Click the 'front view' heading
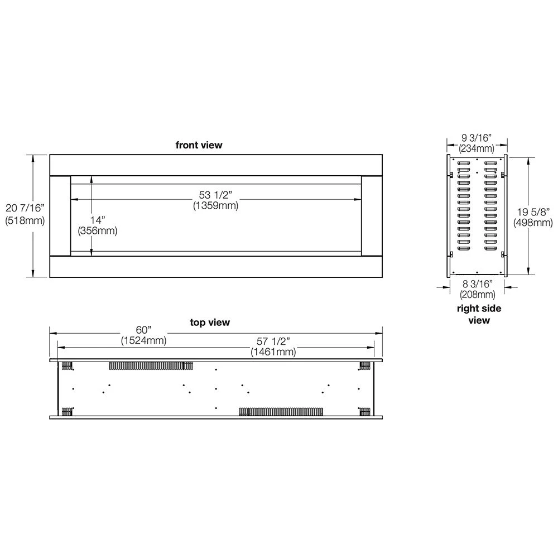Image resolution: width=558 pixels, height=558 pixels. (x=199, y=145)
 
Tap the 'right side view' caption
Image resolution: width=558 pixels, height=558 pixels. (x=479, y=314)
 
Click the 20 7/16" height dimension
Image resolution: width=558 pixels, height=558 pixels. (x=25, y=208)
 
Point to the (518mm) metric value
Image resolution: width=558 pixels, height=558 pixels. (x=25, y=220)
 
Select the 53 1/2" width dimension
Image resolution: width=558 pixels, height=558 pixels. (x=215, y=195)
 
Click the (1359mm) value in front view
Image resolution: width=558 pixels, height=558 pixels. (x=215, y=205)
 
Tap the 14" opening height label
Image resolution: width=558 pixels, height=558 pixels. (x=98, y=220)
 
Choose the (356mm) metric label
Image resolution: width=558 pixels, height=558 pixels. (x=98, y=230)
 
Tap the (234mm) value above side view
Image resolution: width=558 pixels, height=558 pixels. (x=477, y=148)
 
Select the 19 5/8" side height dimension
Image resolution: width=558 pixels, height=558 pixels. (x=533, y=212)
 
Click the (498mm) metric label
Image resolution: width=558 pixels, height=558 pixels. (x=533, y=223)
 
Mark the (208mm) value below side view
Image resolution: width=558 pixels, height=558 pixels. (x=477, y=295)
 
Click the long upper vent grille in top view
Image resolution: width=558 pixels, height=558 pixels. (x=151, y=366)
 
